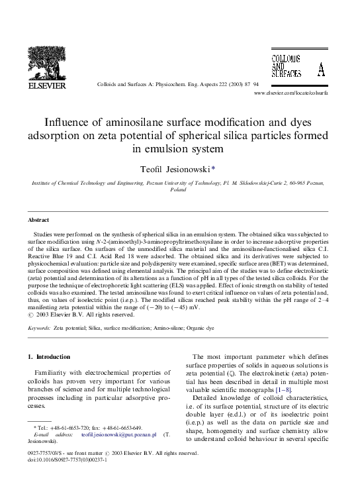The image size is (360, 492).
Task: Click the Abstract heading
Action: (x=38, y=219)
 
